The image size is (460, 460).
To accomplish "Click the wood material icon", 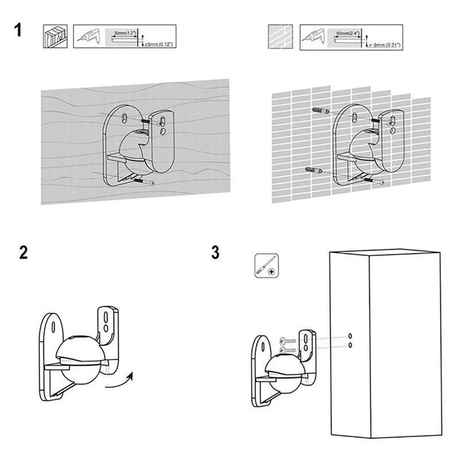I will click(x=56, y=36).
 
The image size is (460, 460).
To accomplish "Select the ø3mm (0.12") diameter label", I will click(x=160, y=44).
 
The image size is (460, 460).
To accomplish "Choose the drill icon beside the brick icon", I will click(x=312, y=36).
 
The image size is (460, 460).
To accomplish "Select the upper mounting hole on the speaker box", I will click(x=351, y=334).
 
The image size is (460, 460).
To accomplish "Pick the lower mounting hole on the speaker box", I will click(x=351, y=346).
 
